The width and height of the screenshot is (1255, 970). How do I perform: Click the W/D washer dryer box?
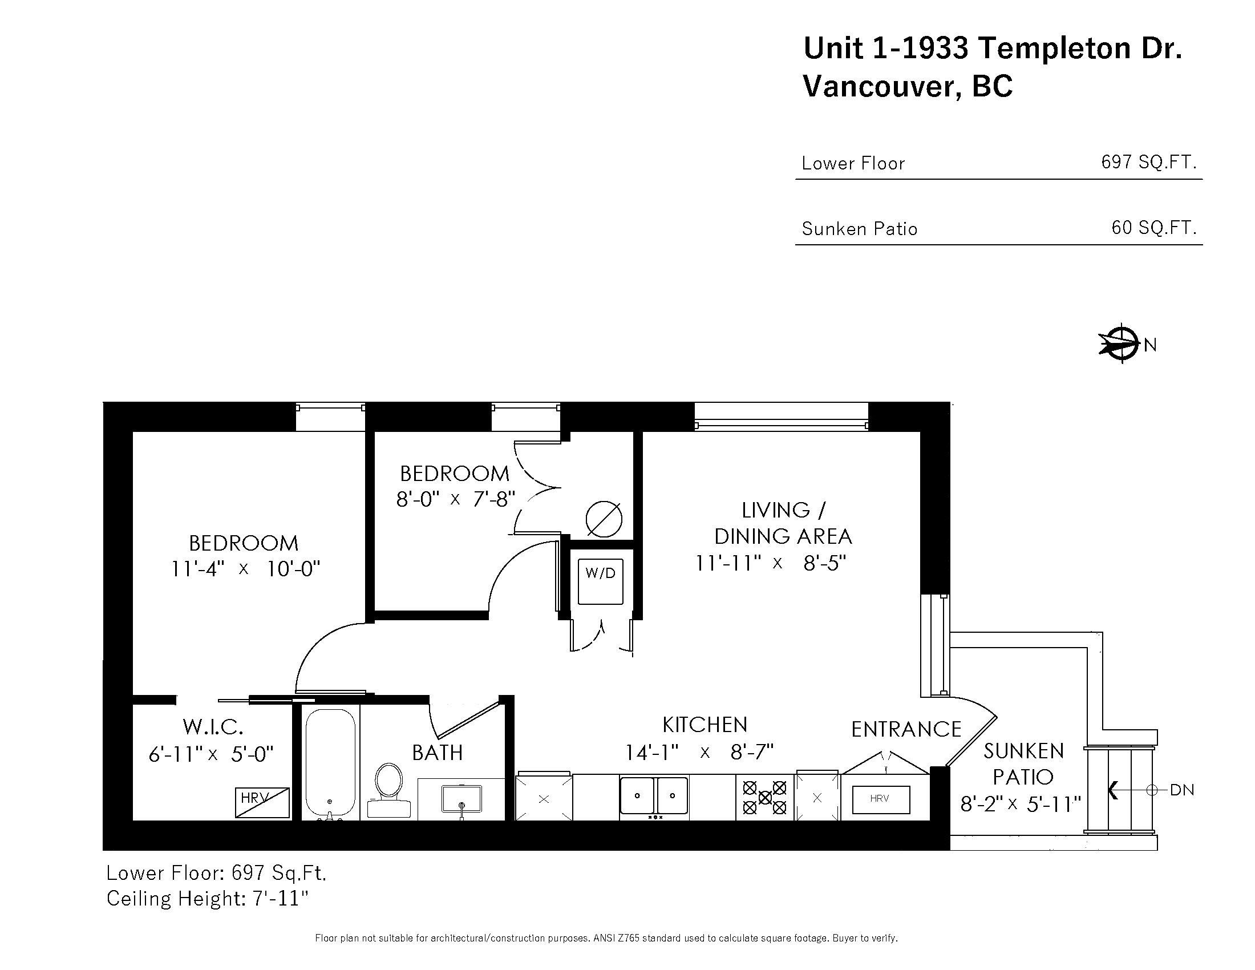click(x=600, y=581)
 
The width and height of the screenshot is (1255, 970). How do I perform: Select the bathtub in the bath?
click(x=330, y=762)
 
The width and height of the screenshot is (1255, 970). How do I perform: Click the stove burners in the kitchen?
click(x=764, y=798)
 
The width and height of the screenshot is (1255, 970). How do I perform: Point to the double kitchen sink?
click(x=654, y=796)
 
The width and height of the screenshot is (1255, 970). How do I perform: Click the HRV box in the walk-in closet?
click(x=262, y=802)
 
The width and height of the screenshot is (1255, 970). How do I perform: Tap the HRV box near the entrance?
click(x=880, y=799)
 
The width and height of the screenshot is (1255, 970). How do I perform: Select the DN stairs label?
click(x=1181, y=790)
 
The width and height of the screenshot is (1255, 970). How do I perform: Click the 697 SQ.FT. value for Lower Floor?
click(x=1148, y=162)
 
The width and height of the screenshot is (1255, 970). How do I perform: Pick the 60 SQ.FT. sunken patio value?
click(x=1153, y=228)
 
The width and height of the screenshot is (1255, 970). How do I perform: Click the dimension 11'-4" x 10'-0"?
click(x=245, y=569)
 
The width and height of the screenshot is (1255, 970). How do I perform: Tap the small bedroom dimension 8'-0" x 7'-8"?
click(x=455, y=499)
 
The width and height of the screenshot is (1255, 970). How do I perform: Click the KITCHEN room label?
click(x=705, y=725)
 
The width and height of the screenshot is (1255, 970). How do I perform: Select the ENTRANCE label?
click(x=906, y=729)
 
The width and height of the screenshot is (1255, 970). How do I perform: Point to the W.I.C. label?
click(x=213, y=727)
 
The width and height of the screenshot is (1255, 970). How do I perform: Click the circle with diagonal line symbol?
click(x=604, y=519)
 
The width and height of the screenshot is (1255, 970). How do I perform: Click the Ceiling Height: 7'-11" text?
click(x=208, y=898)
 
